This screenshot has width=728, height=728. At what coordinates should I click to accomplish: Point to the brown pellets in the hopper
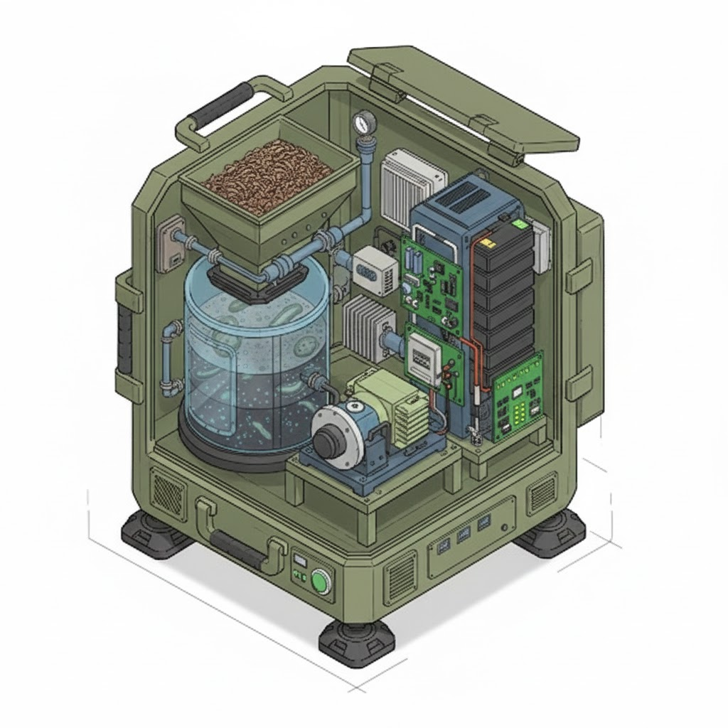click(x=268, y=174)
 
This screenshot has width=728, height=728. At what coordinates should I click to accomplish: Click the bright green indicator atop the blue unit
click(x=521, y=224)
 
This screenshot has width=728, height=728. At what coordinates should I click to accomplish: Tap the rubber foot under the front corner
click(x=355, y=643)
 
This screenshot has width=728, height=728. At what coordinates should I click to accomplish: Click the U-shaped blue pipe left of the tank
click(x=171, y=358)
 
